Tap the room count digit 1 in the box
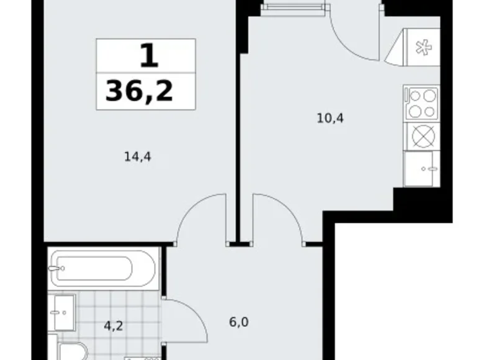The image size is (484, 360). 148,58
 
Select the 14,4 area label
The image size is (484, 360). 138,157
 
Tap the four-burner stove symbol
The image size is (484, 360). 421,104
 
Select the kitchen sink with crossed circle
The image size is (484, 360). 421,136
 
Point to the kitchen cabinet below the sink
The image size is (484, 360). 421,168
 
